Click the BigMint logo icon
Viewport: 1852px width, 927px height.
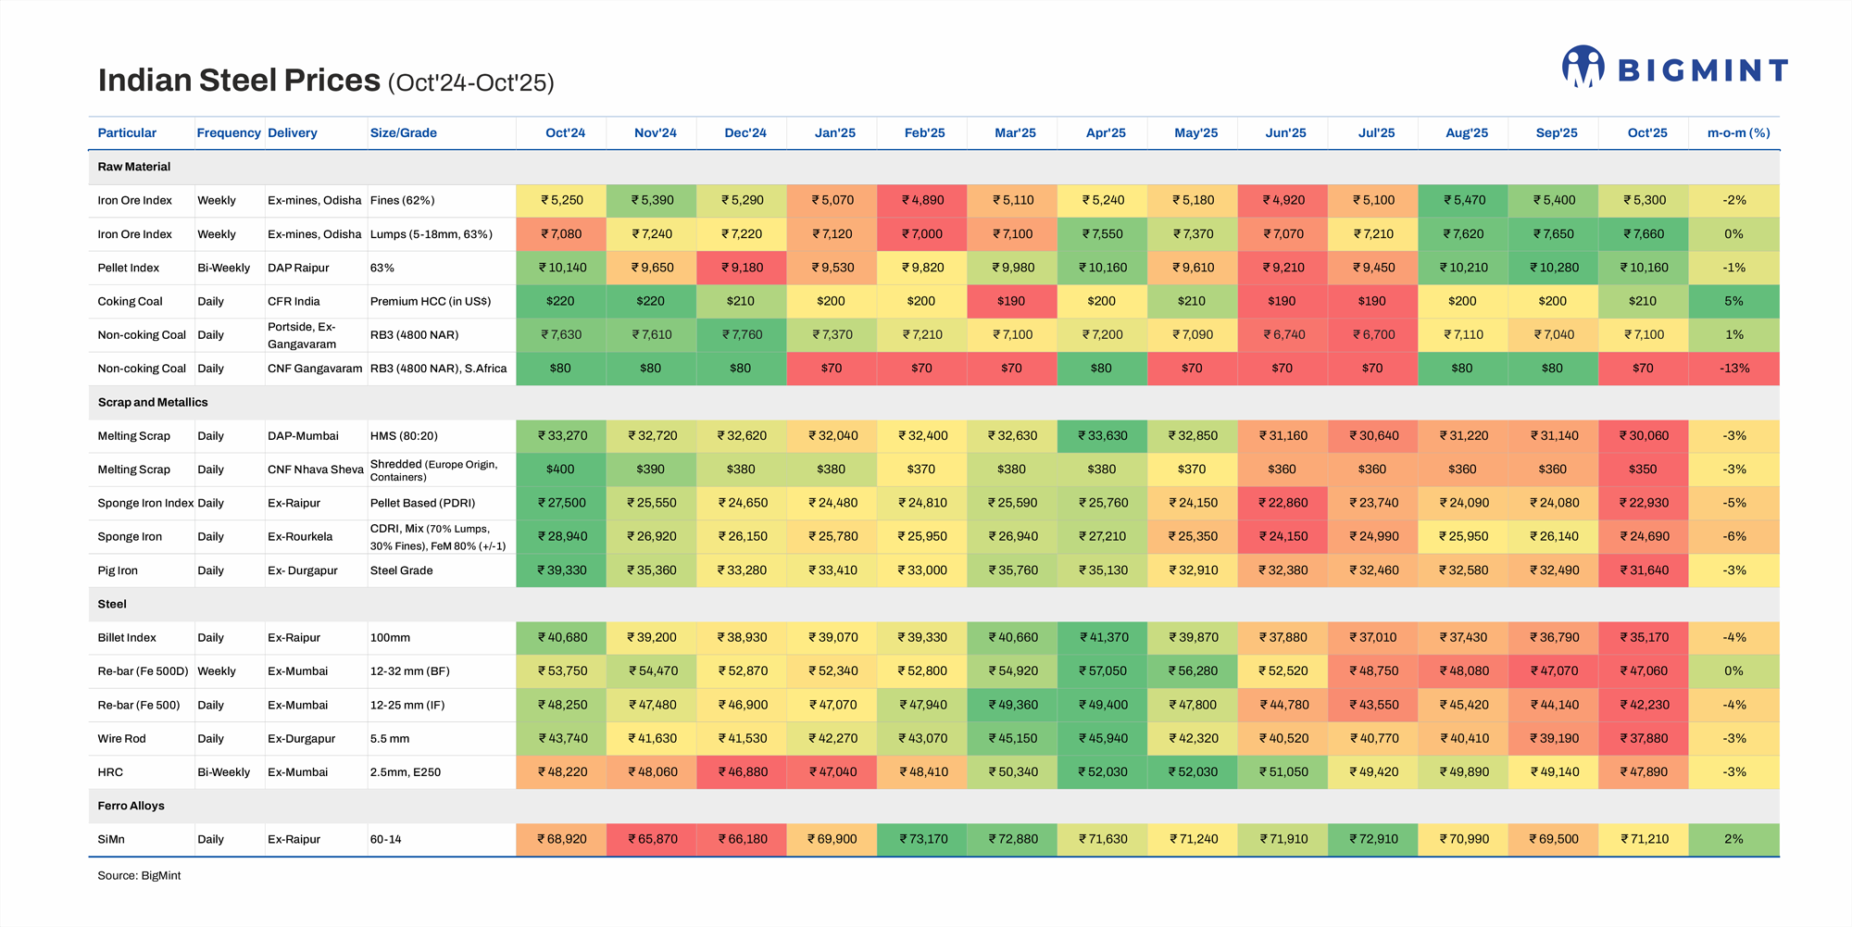click(x=1583, y=67)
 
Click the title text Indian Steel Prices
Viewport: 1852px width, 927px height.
click(x=239, y=81)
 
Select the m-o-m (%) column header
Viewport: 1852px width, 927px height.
click(x=1738, y=132)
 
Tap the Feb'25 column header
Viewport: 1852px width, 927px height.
click(x=924, y=132)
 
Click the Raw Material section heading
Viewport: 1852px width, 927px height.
click(x=134, y=167)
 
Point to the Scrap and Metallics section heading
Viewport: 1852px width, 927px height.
click(x=153, y=402)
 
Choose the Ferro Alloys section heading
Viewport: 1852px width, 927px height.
click(x=131, y=806)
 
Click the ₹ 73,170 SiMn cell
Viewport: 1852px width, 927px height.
click(x=922, y=839)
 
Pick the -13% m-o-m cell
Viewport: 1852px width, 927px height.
click(x=1734, y=368)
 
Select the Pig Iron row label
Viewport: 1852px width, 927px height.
click(x=118, y=570)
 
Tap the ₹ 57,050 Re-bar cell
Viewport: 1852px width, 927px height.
click(x=1103, y=670)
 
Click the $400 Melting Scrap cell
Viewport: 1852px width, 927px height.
click(x=560, y=469)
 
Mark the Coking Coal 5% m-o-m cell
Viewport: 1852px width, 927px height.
click(x=1734, y=301)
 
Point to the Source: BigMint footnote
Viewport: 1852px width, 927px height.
click(x=139, y=875)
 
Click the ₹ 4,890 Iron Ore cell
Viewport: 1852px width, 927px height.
click(x=922, y=200)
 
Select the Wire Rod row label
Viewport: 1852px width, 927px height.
click(x=121, y=738)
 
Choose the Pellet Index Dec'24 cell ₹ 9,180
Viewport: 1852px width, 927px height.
click(x=742, y=268)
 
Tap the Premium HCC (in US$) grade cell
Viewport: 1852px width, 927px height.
click(x=431, y=301)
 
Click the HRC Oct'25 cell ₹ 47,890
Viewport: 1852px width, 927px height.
click(x=1644, y=771)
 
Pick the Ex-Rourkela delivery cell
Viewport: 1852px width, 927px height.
click(x=300, y=536)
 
